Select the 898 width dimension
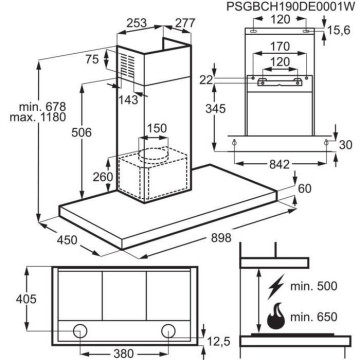point(221,238)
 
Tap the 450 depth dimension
point(67,240)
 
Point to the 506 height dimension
point(82,132)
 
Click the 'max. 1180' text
point(38,117)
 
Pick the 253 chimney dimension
point(137,23)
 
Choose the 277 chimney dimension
point(185,23)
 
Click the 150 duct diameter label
point(157,128)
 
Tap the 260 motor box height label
point(103,177)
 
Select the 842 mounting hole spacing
point(280,164)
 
